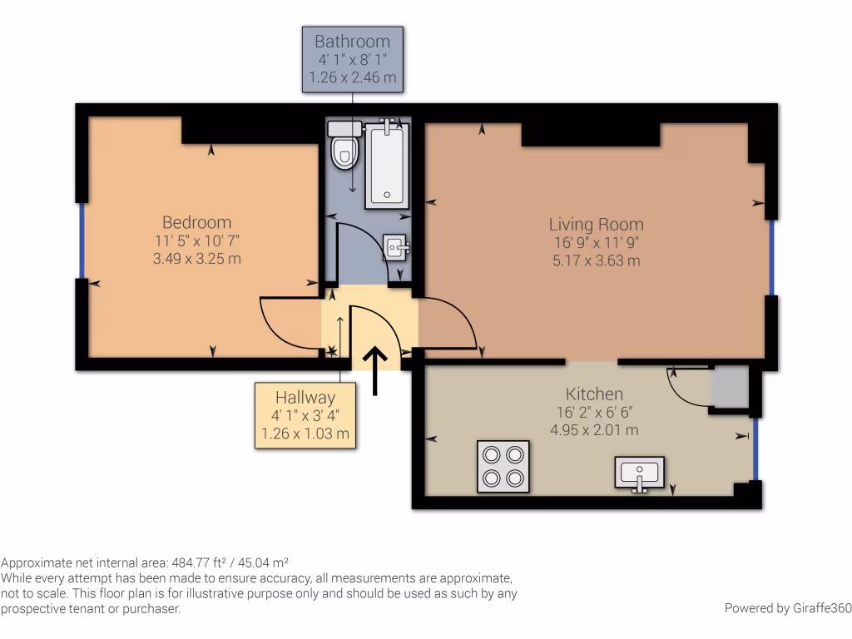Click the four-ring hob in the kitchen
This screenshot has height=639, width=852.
click(503, 466)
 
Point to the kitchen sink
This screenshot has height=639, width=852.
click(639, 473)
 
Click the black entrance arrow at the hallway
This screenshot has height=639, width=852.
click(374, 370)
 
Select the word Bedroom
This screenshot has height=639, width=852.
click(196, 222)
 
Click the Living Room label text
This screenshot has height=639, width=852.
click(596, 224)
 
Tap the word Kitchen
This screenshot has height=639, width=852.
click(594, 394)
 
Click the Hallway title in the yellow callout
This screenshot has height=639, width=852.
click(305, 398)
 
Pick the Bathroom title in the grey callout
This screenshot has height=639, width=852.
click(352, 41)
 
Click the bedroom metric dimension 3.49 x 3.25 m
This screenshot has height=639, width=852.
click(196, 259)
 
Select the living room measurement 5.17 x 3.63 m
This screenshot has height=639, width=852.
click(596, 260)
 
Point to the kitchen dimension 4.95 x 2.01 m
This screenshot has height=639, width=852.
click(594, 430)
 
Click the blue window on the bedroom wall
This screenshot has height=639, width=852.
click(82, 240)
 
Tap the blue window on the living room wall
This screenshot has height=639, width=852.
click(771, 257)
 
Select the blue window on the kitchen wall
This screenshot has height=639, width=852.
click(755, 448)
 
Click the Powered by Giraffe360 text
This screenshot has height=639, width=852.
click(787, 608)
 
